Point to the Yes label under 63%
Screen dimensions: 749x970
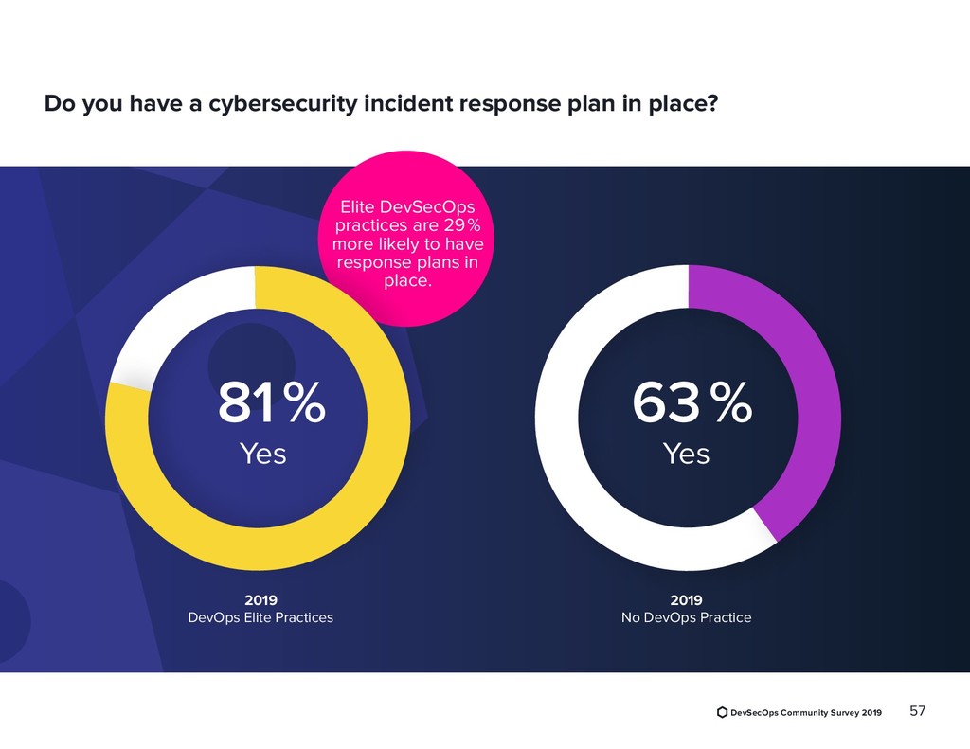686,455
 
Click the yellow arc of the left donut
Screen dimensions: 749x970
379,473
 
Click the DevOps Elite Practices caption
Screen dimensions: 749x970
260,618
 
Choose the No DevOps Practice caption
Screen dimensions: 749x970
686,618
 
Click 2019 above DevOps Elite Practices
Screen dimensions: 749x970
260,600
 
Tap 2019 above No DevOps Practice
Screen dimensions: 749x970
686,600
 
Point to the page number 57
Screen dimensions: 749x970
918,711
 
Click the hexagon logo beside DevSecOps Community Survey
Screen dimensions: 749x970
723,712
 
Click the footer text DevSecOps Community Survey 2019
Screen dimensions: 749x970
806,712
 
